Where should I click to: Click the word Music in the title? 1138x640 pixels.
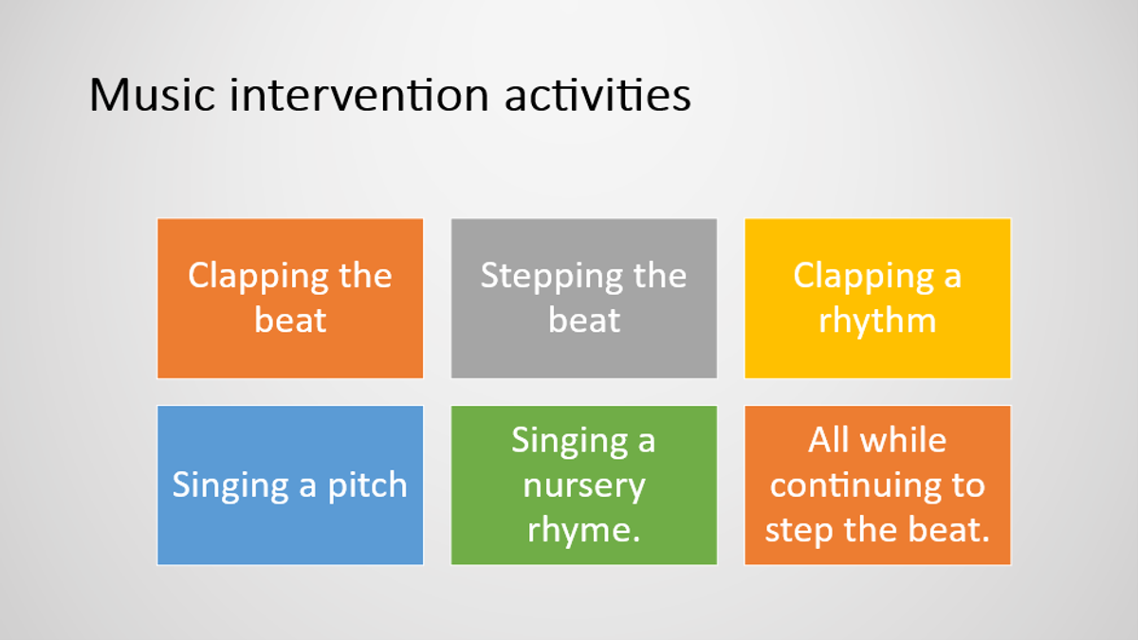coord(152,95)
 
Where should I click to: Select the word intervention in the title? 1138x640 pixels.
coord(359,95)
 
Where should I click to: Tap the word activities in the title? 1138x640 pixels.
coord(598,95)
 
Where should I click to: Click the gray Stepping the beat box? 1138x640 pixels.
coord(584,298)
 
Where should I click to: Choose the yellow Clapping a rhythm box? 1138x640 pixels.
coord(877,298)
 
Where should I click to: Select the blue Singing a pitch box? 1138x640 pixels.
coord(290,485)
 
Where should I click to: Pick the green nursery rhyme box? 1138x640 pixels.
coord(584,485)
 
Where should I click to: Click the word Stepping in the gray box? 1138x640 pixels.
coord(552,277)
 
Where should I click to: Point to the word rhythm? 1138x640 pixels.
coord(877,321)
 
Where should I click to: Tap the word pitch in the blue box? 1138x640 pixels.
coord(367,486)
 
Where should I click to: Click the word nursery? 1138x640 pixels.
coord(584,486)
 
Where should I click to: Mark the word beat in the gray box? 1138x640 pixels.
coord(584,320)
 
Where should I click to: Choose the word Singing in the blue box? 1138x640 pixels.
coord(230,486)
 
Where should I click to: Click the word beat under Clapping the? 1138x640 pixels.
coord(290,320)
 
